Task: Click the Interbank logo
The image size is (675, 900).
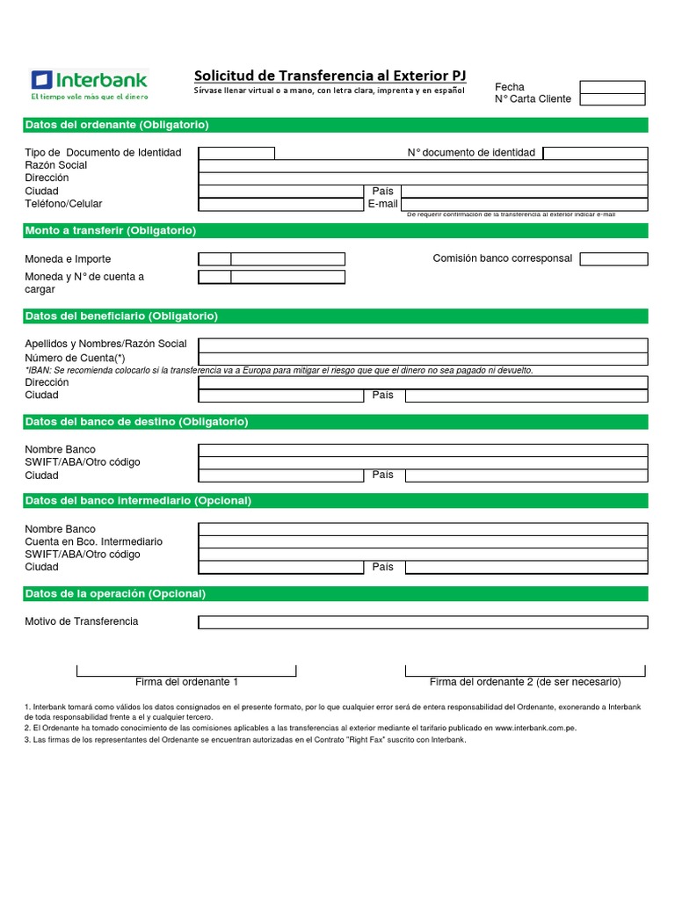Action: tap(89, 84)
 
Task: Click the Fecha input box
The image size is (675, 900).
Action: tap(612, 87)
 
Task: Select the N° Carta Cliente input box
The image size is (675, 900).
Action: tap(612, 99)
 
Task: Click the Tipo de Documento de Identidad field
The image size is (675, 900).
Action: tap(236, 153)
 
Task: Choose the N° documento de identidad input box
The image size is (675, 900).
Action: tap(595, 153)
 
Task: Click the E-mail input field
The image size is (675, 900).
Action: tap(525, 204)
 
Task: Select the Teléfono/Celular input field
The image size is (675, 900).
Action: tap(280, 204)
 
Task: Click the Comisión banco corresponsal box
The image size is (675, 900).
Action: tap(613, 259)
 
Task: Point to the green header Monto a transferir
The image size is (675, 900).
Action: tap(111, 230)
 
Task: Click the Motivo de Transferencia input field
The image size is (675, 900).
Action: tap(423, 622)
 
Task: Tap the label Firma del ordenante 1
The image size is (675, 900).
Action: tap(186, 682)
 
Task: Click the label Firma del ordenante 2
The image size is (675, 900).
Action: tap(525, 682)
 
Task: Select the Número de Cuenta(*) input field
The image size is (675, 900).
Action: tap(423, 358)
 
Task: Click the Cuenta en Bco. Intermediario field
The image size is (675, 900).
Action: tap(423, 542)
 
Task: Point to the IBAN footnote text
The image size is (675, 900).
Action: tap(279, 370)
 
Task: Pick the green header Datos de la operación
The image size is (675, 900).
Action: tap(115, 594)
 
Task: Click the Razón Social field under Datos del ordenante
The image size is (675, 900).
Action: tap(423, 165)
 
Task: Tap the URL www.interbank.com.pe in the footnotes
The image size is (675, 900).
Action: tap(535, 728)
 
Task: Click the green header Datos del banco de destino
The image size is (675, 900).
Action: tap(136, 422)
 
